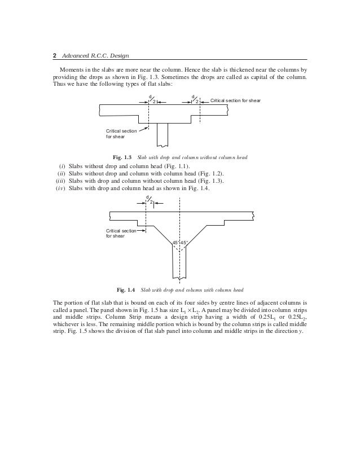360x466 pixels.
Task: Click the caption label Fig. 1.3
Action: [122, 156]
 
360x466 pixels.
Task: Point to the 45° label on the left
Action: [175, 242]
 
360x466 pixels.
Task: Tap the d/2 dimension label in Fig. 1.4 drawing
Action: [148, 200]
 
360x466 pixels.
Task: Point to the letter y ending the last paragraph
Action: [302, 331]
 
